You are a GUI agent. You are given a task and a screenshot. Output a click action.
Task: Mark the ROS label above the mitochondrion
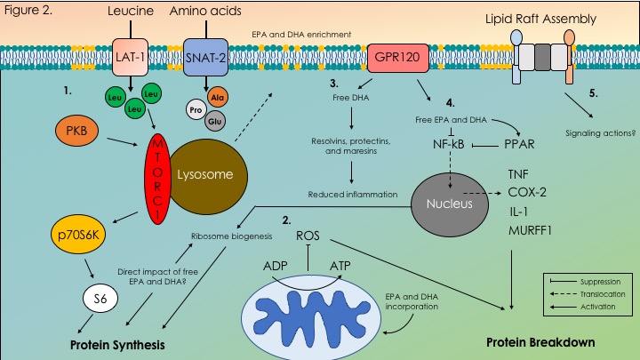[x=308, y=237]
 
